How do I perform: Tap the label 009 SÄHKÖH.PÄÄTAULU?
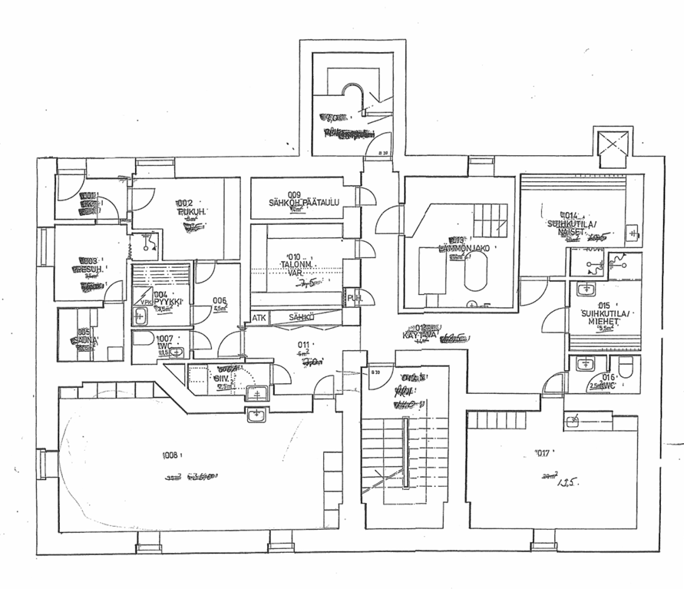point(299,198)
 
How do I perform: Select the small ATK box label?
point(259,316)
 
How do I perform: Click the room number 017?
point(524,453)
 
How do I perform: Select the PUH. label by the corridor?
point(354,299)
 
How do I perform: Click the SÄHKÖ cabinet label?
point(301,316)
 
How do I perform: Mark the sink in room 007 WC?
point(177,352)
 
